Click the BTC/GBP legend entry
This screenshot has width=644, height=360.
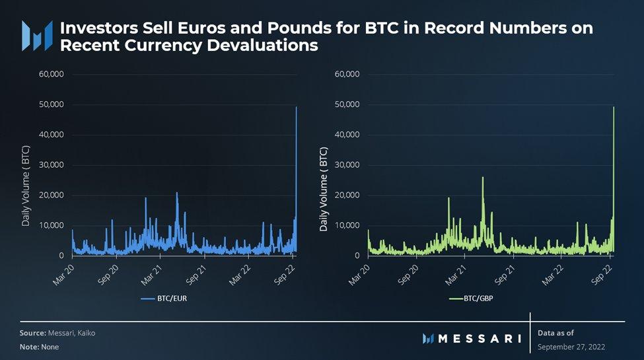474,299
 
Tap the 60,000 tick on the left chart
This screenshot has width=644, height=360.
50,74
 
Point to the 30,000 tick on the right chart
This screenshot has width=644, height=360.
346,164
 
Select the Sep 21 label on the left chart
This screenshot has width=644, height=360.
196,271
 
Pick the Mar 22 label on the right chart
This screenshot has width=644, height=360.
553,271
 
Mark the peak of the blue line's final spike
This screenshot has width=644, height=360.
296,107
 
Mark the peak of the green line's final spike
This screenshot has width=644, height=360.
614,107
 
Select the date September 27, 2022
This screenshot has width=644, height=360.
571,347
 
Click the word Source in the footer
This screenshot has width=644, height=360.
32,333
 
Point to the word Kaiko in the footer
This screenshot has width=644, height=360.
85,333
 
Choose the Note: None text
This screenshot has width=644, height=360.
39,346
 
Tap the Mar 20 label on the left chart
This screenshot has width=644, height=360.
63,271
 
